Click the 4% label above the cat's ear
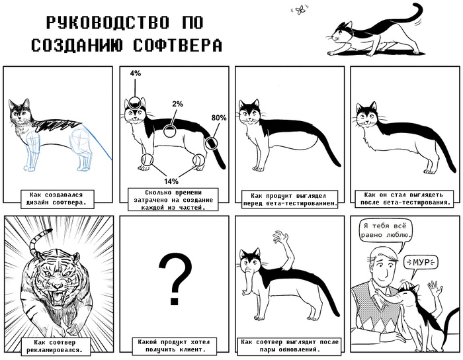[135, 73]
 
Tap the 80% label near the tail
[219, 118]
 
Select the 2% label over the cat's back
[177, 104]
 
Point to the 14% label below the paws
[171, 181]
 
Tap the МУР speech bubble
[421, 261]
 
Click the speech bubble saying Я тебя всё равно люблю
[386, 231]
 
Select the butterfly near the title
[300, 11]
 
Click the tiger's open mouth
[58, 298]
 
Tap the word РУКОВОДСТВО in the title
[108, 22]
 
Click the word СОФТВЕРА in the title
[177, 45]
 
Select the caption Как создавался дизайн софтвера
[56, 199]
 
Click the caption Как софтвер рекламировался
[55, 346]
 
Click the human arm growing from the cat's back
[284, 250]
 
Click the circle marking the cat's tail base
[212, 143]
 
